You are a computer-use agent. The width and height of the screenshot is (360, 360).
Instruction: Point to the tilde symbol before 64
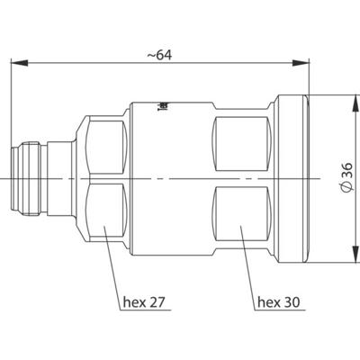(x=148, y=55)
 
